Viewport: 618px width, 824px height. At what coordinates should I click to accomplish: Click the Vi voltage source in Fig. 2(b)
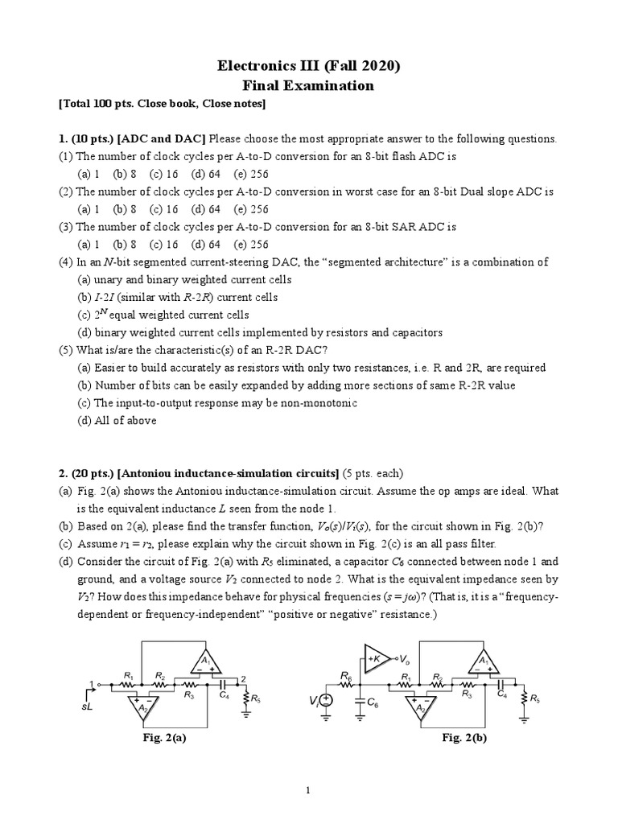pyautogui.click(x=328, y=701)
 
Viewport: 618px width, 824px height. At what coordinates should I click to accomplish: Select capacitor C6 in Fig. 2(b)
pyautogui.click(x=360, y=702)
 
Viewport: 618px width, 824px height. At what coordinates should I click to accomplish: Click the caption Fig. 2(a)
pyautogui.click(x=163, y=736)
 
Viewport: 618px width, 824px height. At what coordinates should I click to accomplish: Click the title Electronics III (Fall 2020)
pyautogui.click(x=309, y=66)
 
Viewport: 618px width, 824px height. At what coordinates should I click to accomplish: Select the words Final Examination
pyautogui.click(x=309, y=85)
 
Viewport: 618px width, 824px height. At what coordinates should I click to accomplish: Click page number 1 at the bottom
pyautogui.click(x=308, y=791)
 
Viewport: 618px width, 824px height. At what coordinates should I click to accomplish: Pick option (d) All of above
pyautogui.click(x=117, y=420)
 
